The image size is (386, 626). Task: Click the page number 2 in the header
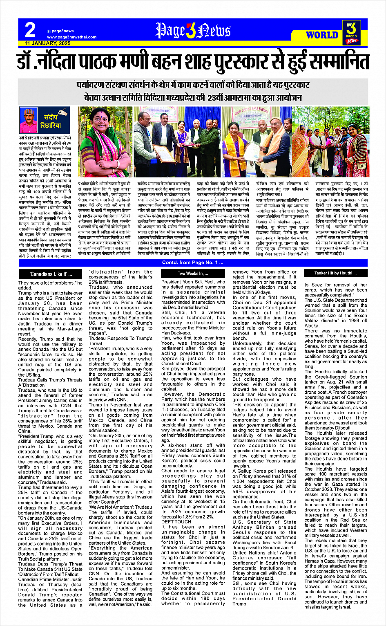coord(30,29)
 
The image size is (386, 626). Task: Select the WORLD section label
coord(322,35)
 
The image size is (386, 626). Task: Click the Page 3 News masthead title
coord(193,31)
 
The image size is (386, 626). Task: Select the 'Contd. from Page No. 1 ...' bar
coord(193,263)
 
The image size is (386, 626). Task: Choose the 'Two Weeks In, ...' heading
coord(193,274)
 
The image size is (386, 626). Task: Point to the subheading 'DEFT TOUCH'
coord(176,522)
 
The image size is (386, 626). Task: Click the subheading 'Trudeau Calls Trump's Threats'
coord(50,379)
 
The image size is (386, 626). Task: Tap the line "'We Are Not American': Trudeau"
coord(120,507)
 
